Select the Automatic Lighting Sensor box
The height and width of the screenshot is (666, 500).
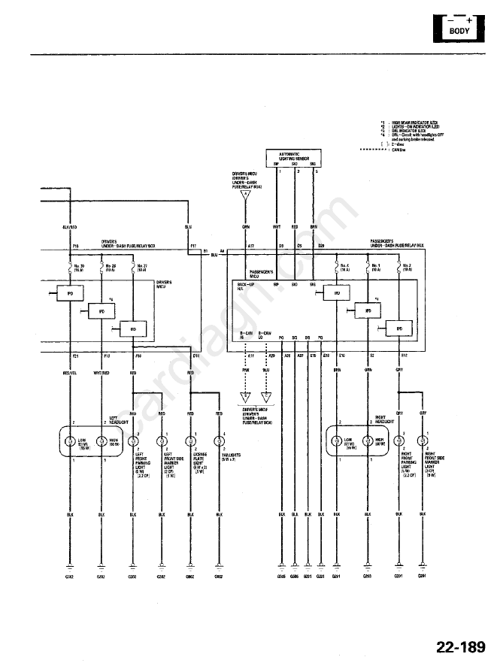coord(295,157)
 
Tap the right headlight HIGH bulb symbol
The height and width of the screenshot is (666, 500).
coord(367,441)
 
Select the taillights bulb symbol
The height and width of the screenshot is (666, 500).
coord(219,441)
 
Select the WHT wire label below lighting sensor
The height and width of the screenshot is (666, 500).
coord(277,226)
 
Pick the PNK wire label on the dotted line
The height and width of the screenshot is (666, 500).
coord(245,371)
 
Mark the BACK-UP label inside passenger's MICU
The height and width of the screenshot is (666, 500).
coord(245,284)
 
